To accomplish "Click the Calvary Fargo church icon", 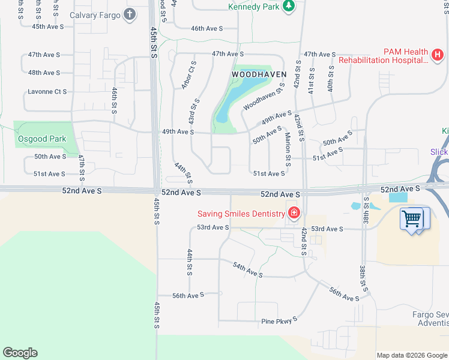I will click(129, 15).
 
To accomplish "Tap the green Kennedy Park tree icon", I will click(289, 7).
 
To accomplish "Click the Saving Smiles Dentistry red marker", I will click(294, 213).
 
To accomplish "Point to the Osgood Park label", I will click(41, 139).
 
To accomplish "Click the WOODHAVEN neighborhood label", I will click(259, 74).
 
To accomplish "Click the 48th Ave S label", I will click(44, 73).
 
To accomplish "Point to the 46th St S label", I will click(114, 100).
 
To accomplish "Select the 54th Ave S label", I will click(248, 269).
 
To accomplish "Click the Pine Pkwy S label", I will click(279, 321).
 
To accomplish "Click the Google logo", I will click(20, 353).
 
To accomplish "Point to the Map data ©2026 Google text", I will click(412, 355).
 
